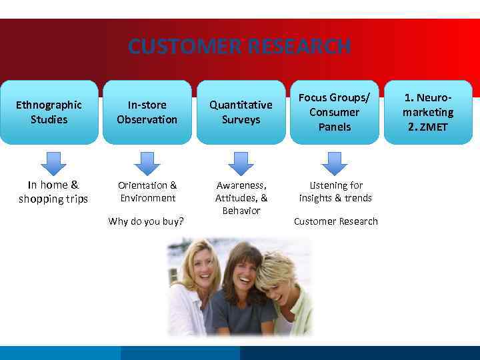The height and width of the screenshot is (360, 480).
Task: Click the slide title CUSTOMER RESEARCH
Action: pyautogui.click(x=239, y=47)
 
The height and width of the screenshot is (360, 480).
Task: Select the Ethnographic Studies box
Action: pyautogui.click(x=49, y=112)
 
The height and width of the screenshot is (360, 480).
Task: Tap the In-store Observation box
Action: pyautogui.click(x=147, y=112)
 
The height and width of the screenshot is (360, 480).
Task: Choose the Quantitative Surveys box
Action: pyautogui.click(x=241, y=112)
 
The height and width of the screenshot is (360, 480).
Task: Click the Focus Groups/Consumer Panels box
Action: pyautogui.click(x=334, y=112)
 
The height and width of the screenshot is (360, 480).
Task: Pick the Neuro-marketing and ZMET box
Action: pyautogui.click(x=428, y=112)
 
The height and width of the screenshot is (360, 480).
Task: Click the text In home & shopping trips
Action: pyautogui.click(x=53, y=192)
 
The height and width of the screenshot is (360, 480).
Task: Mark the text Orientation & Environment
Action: pyautogui.click(x=147, y=191)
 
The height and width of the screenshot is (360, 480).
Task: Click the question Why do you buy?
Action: pyautogui.click(x=146, y=221)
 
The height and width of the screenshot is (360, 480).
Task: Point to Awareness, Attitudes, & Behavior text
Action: pyautogui.click(x=241, y=198)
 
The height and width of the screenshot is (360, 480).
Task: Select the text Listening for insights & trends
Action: pyautogui.click(x=335, y=191)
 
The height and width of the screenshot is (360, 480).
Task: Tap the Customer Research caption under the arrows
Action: pyautogui.click(x=335, y=221)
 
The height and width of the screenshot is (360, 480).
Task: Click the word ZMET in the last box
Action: pyautogui.click(x=433, y=127)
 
